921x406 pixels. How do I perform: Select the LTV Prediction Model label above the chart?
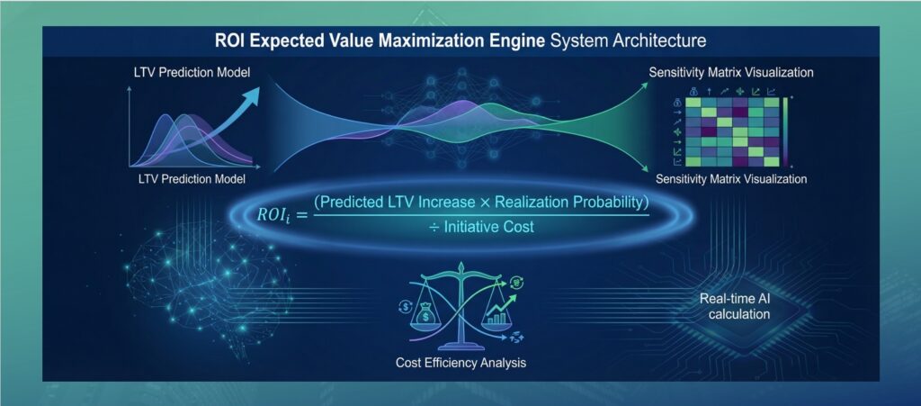click(191, 74)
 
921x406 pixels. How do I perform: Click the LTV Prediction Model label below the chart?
click(191, 178)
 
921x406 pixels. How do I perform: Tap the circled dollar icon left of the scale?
click(405, 306)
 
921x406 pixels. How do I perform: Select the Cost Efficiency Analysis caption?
click(460, 363)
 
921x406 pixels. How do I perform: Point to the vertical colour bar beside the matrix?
click(784, 131)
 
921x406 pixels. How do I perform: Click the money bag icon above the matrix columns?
click(693, 91)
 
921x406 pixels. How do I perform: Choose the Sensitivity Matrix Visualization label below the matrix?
click(730, 178)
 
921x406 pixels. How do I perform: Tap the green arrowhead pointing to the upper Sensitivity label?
click(644, 86)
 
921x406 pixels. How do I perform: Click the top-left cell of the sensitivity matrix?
click(693, 103)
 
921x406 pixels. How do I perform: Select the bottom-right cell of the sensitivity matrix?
click(771, 161)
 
